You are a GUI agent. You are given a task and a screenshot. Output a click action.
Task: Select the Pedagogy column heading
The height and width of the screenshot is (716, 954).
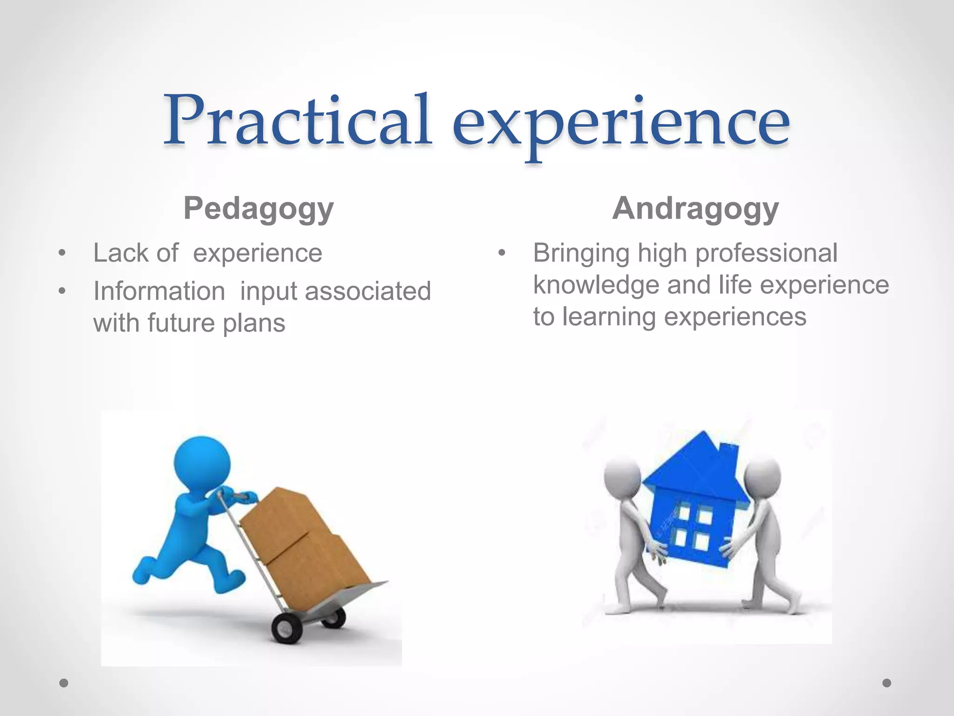pos(259,208)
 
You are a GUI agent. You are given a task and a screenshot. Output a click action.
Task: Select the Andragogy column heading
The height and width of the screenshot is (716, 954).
pos(695,208)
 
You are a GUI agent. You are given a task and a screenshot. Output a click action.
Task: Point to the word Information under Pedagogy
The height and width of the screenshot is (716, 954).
pos(159,291)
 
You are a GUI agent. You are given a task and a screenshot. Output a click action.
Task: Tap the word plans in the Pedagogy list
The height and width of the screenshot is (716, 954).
pos(254,324)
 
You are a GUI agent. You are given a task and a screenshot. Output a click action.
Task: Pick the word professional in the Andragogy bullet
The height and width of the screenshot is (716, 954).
pos(766,253)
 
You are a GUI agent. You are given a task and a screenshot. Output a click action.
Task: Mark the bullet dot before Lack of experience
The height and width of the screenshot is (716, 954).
pos(62,254)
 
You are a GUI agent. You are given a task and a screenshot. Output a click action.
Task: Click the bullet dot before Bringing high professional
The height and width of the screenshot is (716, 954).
pos(502,254)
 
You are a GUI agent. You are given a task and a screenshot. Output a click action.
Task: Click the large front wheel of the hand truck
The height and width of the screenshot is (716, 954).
pos(286,628)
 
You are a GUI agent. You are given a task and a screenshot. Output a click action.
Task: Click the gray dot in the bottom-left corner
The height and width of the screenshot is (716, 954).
pos(64,683)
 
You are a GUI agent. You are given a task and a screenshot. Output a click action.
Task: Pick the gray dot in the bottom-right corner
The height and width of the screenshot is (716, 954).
pos(887,683)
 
